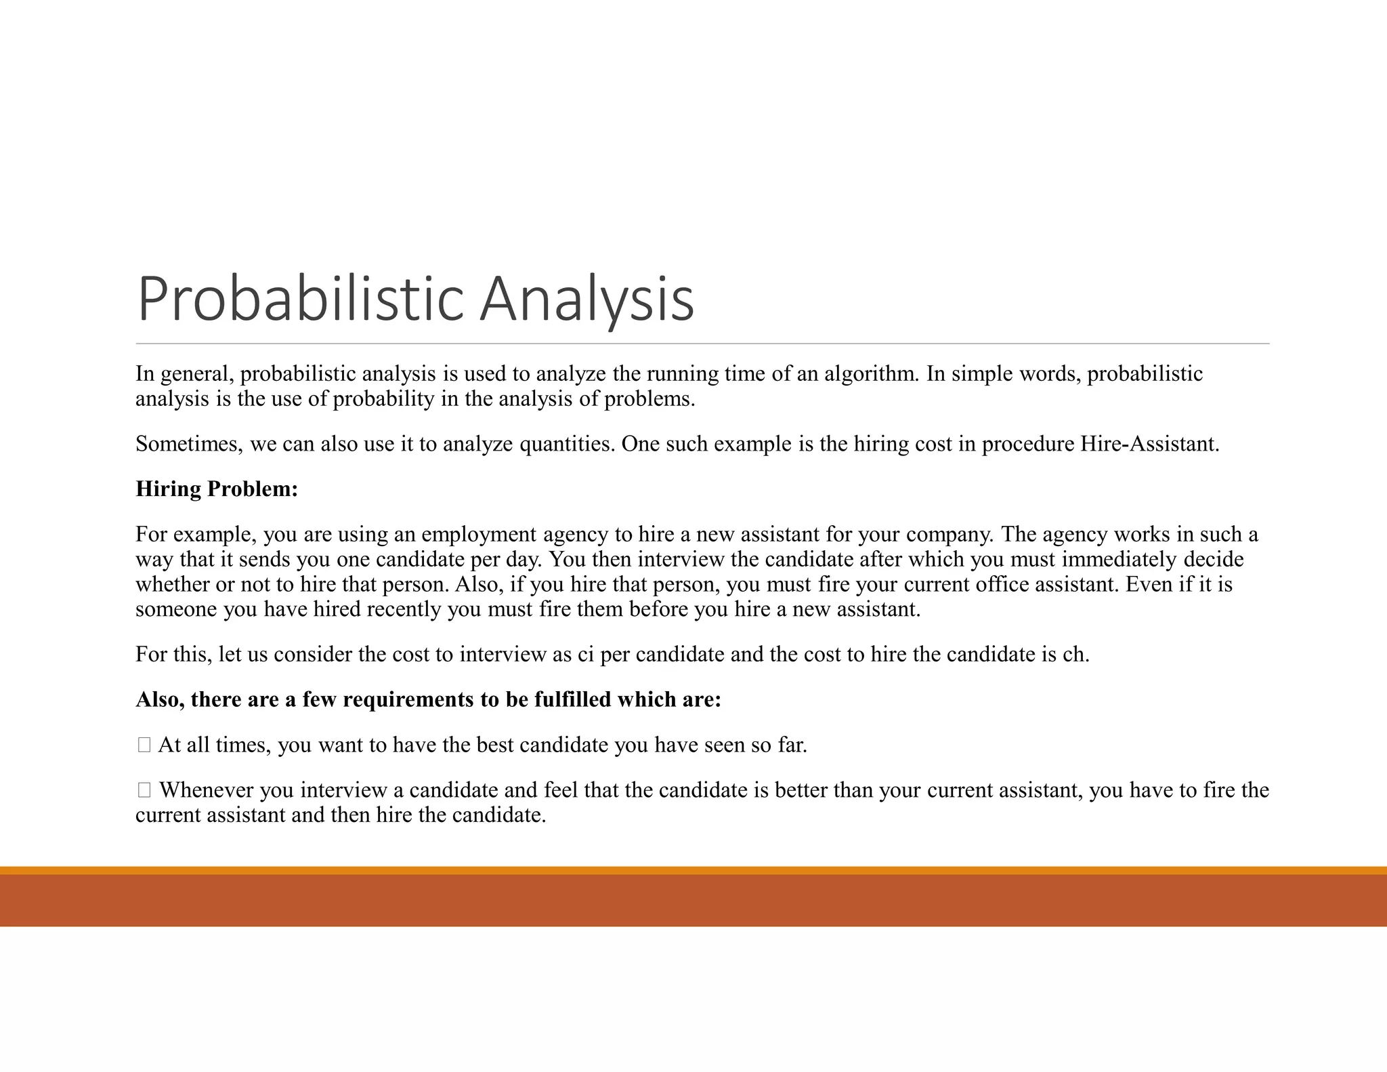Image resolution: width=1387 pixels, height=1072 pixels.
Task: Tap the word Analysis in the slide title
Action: pyautogui.click(x=586, y=299)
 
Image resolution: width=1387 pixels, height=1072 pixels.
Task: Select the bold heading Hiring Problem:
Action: pyautogui.click(x=217, y=489)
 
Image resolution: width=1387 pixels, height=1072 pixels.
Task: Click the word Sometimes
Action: pyautogui.click(x=189, y=444)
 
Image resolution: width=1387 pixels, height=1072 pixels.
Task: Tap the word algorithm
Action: pyautogui.click(x=872, y=373)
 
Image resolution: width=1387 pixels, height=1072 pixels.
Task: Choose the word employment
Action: pyautogui.click(x=480, y=535)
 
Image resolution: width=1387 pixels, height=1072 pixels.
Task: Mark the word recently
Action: pyautogui.click(x=405, y=609)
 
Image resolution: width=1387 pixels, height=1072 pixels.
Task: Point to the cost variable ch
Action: pyautogui.click(x=1075, y=655)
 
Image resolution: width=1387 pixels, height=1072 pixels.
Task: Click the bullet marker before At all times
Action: pyautogui.click(x=144, y=745)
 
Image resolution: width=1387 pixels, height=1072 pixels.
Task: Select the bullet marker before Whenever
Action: pyautogui.click(x=144, y=790)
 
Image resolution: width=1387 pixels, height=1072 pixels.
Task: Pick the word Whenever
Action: pyautogui.click(x=206, y=790)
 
